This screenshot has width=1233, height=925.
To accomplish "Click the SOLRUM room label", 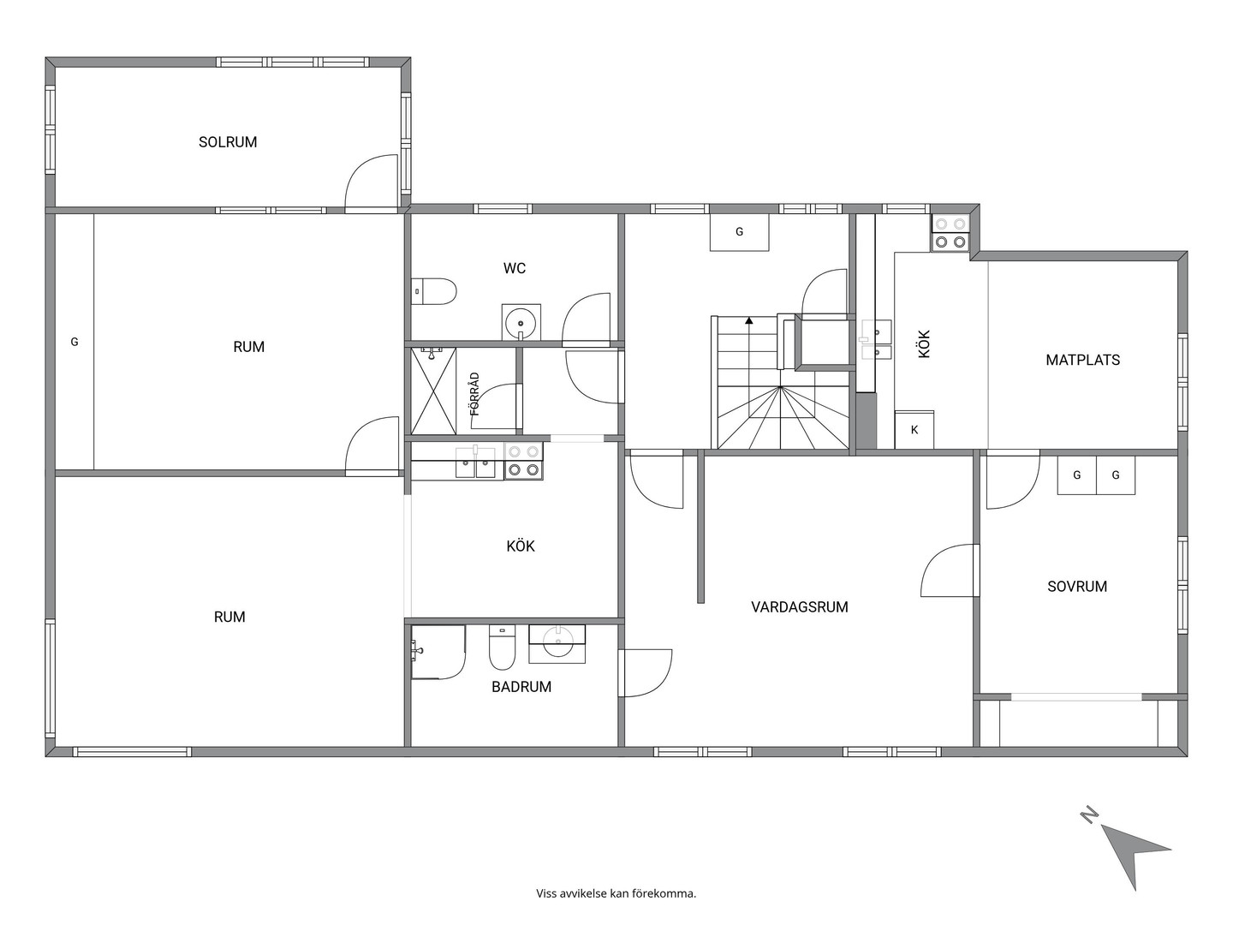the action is (x=228, y=142).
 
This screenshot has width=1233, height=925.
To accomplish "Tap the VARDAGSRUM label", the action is (x=800, y=607).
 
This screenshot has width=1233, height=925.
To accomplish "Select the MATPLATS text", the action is (x=1082, y=360).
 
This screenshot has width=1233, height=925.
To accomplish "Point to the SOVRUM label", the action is (x=1077, y=587).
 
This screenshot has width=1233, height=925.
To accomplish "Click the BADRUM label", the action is (x=521, y=687).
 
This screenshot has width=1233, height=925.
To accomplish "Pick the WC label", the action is (x=515, y=268).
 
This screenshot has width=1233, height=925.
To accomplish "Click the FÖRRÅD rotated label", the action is (x=475, y=394).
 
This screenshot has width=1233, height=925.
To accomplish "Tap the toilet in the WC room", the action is (x=433, y=291).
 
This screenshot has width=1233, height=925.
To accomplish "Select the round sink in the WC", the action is (x=521, y=324).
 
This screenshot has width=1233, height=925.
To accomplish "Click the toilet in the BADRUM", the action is (x=502, y=647).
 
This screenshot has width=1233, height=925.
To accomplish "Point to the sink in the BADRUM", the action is (x=557, y=643).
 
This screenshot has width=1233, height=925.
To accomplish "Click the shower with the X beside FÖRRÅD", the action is (x=433, y=391).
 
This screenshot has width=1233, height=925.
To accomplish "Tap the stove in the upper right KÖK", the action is (x=950, y=233).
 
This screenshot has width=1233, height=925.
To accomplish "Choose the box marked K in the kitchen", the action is (x=914, y=430).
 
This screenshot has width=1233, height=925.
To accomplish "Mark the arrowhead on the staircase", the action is (x=748, y=321).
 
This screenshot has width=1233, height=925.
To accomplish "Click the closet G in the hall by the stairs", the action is (x=739, y=232).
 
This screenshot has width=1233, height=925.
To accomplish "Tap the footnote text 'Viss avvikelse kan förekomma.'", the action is (x=616, y=893).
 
